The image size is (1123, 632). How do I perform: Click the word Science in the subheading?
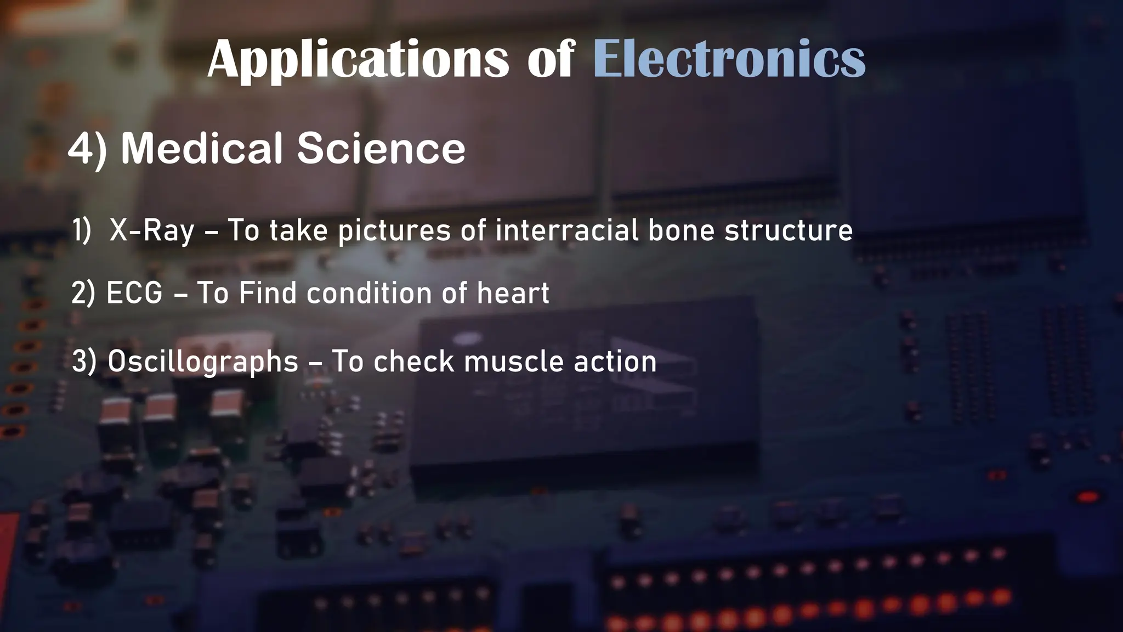pyautogui.click(x=381, y=148)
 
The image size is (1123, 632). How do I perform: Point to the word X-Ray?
pyautogui.click(x=152, y=230)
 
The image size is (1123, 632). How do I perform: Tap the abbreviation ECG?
pyautogui.click(x=134, y=293)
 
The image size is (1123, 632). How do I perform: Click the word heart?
pyautogui.click(x=513, y=293)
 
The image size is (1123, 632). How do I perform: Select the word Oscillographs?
pyautogui.click(x=203, y=362)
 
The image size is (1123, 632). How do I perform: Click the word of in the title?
pyautogui.click(x=551, y=59)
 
